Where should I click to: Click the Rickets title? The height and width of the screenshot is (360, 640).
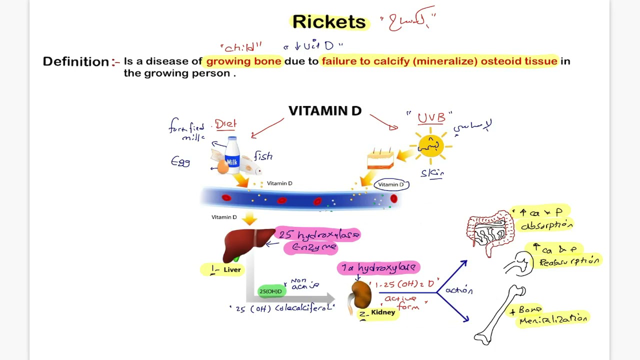click(329, 22)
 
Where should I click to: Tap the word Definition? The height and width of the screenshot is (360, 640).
click(75, 61)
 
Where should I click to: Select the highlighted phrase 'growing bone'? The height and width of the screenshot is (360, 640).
click(244, 61)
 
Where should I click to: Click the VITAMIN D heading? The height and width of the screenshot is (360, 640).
click(324, 111)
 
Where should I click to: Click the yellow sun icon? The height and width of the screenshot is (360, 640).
click(430, 145)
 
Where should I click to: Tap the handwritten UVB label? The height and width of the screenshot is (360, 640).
click(431, 117)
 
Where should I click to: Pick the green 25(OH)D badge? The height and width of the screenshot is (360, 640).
click(270, 291)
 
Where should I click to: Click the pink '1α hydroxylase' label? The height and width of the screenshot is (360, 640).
click(378, 268)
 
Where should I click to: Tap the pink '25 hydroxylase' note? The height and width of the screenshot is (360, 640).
click(318, 234)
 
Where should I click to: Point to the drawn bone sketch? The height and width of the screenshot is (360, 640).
click(499, 315)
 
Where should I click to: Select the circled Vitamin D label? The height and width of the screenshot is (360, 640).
click(391, 184)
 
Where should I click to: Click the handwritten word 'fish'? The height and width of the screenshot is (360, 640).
click(262, 156)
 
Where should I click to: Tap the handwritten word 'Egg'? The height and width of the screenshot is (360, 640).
click(180, 161)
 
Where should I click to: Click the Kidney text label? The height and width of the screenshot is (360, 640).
click(383, 312)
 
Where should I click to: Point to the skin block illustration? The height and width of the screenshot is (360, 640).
click(380, 159)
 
